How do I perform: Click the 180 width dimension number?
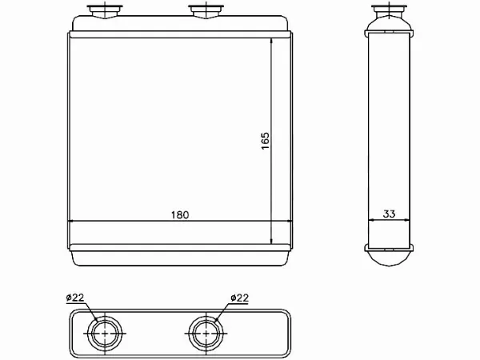180,215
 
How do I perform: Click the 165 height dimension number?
265,141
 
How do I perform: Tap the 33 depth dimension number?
389,214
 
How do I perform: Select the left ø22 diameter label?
75,298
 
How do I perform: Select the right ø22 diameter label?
240,298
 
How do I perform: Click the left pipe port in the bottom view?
105,333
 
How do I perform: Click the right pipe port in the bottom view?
206,333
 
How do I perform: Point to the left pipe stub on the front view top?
105,12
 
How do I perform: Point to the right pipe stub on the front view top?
206,12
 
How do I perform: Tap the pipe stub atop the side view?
389,11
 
